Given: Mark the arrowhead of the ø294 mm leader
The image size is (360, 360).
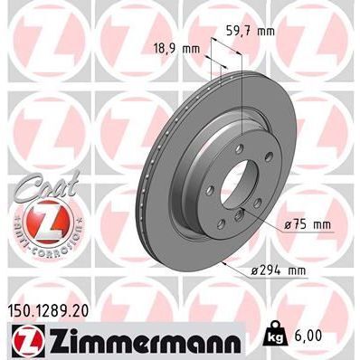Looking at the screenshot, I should [223, 263].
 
